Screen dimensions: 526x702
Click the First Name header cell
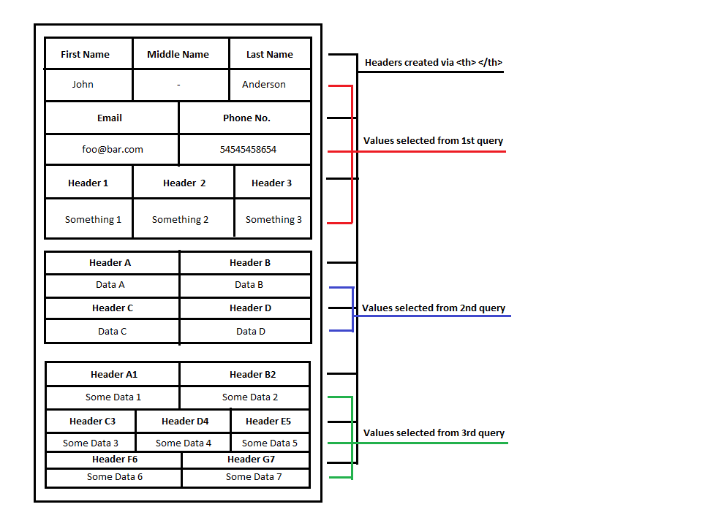click(86, 54)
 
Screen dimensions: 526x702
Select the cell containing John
click(83, 84)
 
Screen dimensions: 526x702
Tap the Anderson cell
click(264, 84)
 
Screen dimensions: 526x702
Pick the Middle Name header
click(178, 54)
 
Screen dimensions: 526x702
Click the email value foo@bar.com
click(113, 149)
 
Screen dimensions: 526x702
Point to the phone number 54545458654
click(248, 149)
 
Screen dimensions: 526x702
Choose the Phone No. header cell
click(246, 118)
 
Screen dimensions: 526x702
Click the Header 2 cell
click(184, 183)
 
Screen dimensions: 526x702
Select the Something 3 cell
click(273, 219)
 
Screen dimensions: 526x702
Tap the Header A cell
click(110, 262)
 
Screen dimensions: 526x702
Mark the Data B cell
click(249, 285)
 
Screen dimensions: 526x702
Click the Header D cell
click(250, 308)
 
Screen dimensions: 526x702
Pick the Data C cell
click(113, 331)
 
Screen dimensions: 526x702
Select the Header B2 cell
click(252, 374)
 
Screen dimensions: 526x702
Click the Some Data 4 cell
click(184, 443)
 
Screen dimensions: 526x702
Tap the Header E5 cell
click(268, 421)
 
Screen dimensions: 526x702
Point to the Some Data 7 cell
click(254, 476)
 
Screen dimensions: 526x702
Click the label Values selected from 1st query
click(433, 140)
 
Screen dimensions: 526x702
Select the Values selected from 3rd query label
click(434, 432)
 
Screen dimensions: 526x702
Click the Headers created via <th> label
click(434, 62)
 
